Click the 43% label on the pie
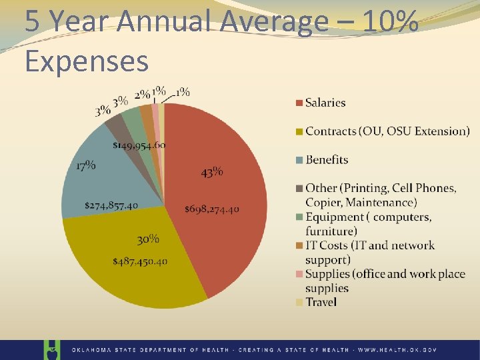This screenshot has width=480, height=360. (x=212, y=173)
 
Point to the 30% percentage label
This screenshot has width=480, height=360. (x=148, y=239)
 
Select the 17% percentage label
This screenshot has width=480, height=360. (x=85, y=165)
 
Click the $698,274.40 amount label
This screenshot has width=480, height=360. (x=212, y=209)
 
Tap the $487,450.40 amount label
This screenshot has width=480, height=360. (x=140, y=261)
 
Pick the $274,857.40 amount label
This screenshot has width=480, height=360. (x=111, y=205)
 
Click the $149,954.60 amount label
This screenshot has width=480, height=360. (x=139, y=145)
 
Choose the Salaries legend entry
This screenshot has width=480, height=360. (x=325, y=103)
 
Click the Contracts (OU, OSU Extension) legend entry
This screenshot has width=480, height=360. (x=387, y=131)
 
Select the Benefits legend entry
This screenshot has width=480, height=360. (x=327, y=159)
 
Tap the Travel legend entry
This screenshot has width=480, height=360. (x=321, y=302)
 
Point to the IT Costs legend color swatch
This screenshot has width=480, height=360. (x=300, y=246)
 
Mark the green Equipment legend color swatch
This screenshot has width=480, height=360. (x=300, y=217)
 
